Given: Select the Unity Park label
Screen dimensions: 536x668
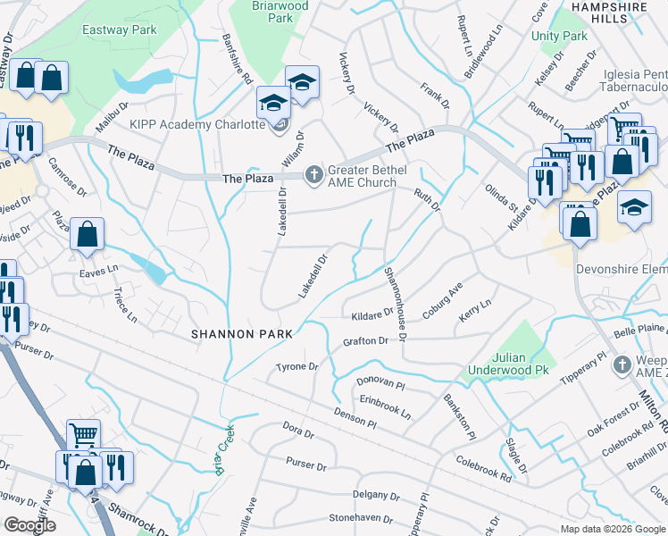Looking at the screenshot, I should [559, 36].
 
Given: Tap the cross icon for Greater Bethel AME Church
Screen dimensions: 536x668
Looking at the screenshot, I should [313, 174].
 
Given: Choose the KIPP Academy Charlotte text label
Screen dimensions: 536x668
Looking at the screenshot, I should [197, 124].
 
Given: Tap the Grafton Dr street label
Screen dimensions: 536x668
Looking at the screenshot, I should [365, 341].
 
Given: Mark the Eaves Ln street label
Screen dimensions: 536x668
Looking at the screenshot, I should [98, 269].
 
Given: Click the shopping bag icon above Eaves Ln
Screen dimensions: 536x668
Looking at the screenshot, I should [88, 235].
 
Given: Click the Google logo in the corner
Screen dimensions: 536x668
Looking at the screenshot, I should [31, 524].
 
